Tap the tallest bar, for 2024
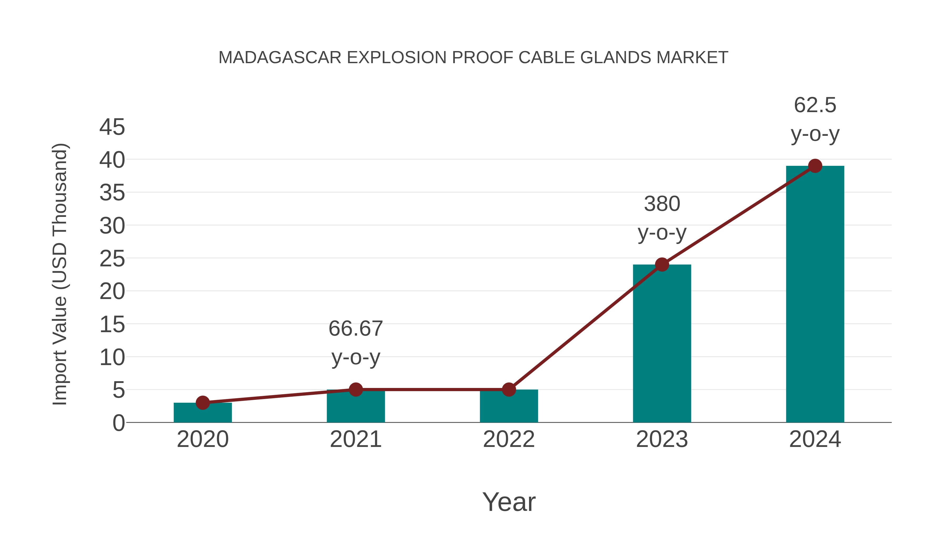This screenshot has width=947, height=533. [x=815, y=294]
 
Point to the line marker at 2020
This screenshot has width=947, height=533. [x=203, y=403]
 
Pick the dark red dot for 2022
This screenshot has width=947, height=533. [x=509, y=390]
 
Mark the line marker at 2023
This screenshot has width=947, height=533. [x=662, y=265]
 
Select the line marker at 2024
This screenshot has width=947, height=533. [x=815, y=166]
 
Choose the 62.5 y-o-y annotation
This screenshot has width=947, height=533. [x=815, y=119]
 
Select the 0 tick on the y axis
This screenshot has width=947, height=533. [x=119, y=423]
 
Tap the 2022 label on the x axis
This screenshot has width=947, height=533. [x=509, y=439]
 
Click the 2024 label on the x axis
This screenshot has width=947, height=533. [x=815, y=439]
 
